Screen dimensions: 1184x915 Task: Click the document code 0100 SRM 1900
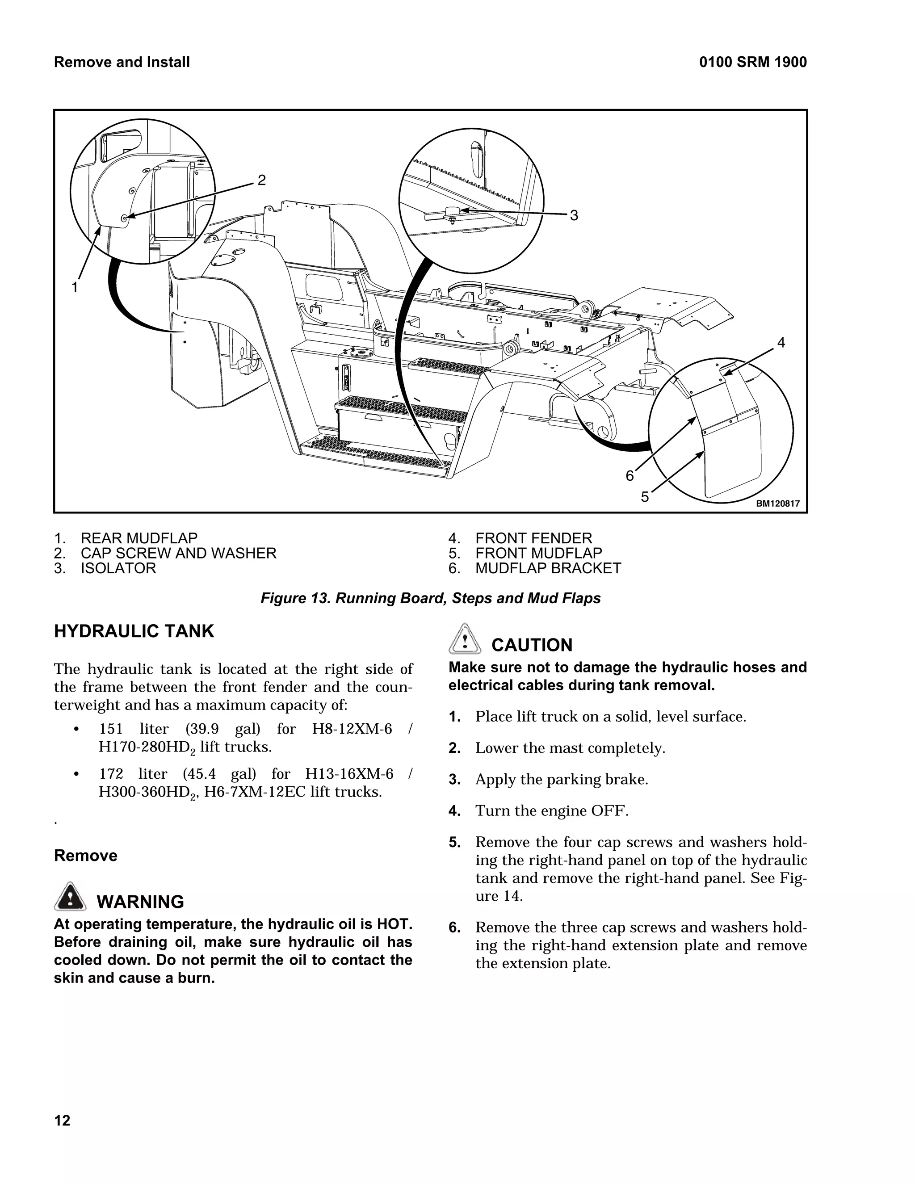click(752, 63)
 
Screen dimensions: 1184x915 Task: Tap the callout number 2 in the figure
click(261, 180)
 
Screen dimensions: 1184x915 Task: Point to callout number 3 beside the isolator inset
click(574, 216)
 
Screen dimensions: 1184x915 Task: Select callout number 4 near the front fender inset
click(781, 342)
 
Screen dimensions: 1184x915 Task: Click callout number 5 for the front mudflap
click(645, 496)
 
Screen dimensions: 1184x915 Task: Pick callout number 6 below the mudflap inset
click(630, 475)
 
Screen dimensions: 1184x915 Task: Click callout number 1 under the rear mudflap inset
click(76, 287)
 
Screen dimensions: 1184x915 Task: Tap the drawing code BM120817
click(778, 504)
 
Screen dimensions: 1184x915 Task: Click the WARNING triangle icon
click(70, 897)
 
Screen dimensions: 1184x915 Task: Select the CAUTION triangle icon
click(465, 639)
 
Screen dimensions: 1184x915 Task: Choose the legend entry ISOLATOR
click(118, 568)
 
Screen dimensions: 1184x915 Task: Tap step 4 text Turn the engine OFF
click(551, 810)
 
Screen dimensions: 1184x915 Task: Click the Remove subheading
click(86, 856)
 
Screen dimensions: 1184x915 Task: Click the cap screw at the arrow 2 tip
click(124, 218)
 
